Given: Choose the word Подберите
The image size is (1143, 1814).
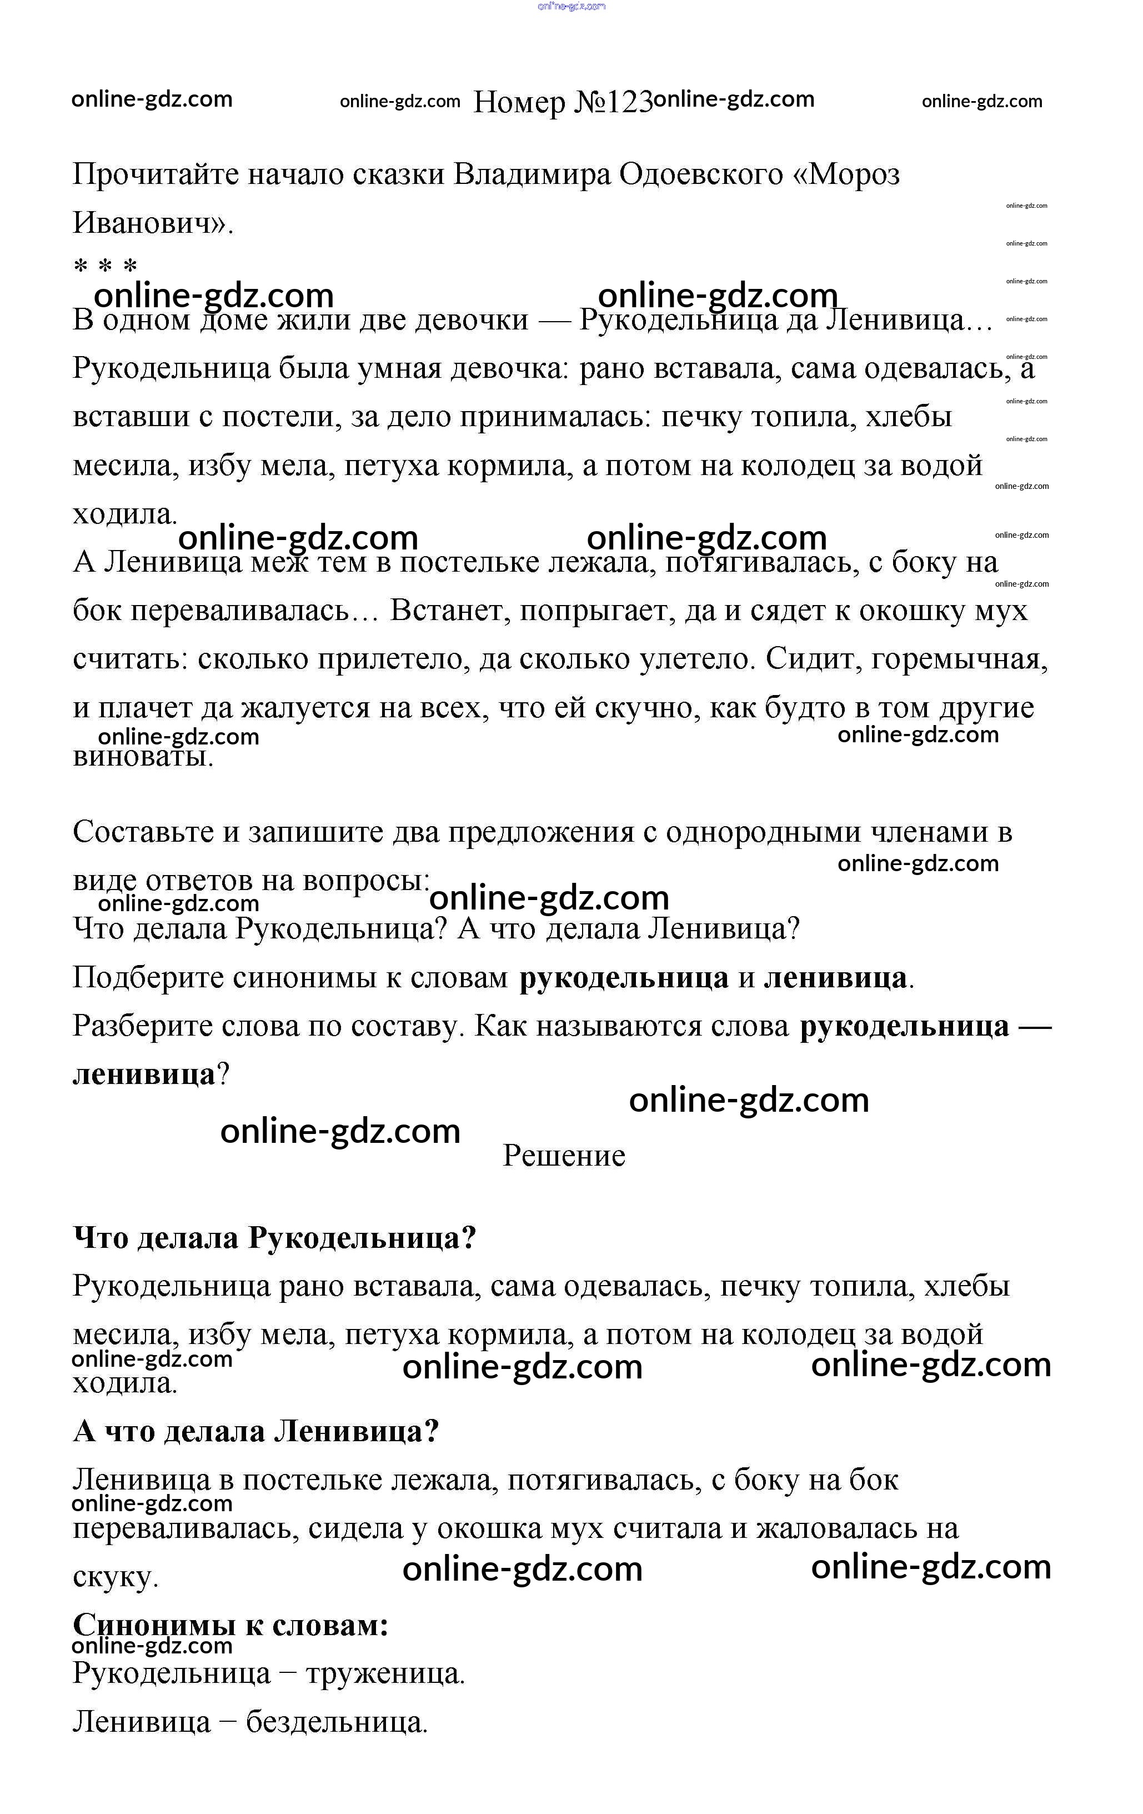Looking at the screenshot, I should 148,978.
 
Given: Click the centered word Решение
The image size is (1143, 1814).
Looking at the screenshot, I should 564,1156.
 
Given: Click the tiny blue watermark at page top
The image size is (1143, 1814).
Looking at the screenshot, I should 571,6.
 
